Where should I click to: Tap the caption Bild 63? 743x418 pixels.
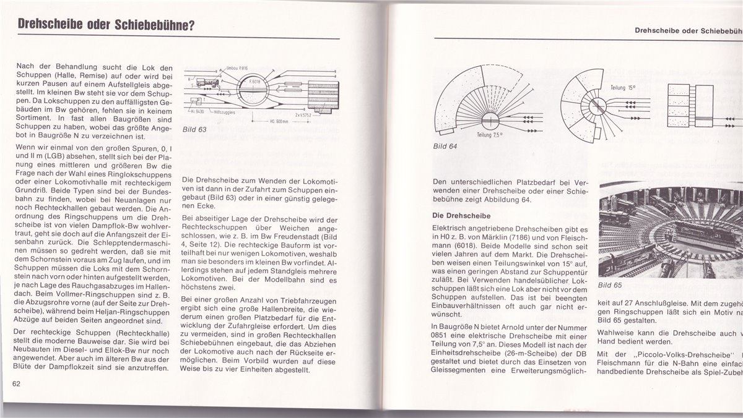coord(194,130)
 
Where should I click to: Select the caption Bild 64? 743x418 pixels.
coord(445,148)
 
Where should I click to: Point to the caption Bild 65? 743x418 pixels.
coord(610,285)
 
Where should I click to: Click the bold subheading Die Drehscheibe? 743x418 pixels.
coord(462,216)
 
